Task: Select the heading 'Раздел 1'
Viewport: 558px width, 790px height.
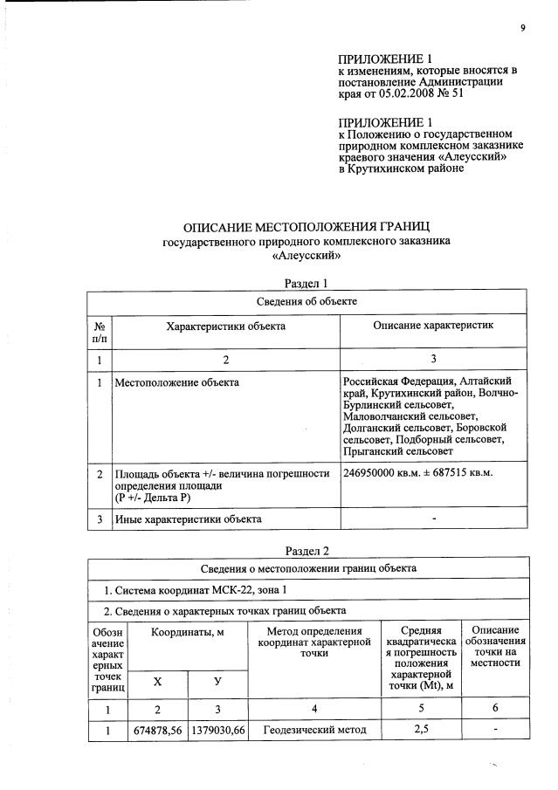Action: pos(307,283)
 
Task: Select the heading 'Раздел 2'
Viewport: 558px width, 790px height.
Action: pos(307,550)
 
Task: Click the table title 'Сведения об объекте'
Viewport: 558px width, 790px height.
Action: pos(307,301)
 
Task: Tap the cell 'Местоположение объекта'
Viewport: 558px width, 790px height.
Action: pos(177,382)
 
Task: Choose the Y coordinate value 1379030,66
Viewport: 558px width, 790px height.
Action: pos(217,731)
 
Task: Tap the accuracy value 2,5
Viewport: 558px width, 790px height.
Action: pos(421,731)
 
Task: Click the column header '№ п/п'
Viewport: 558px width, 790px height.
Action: pos(100,331)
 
